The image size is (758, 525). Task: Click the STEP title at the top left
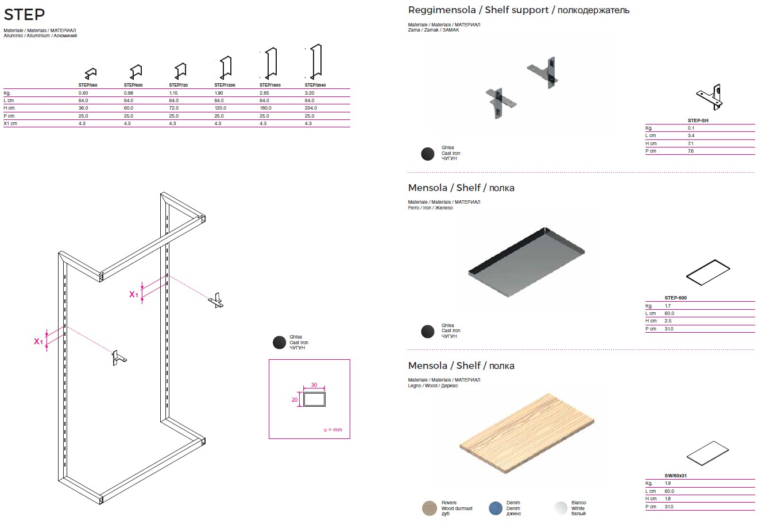[x=24, y=14]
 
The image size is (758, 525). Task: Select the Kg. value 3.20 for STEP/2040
[x=309, y=93]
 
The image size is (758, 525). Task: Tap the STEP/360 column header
[x=88, y=85]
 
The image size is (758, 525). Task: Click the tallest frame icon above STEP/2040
[x=315, y=61]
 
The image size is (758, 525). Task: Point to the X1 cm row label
[x=10, y=123]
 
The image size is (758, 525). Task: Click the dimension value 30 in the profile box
[x=314, y=384]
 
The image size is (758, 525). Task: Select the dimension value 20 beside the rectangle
[x=294, y=399]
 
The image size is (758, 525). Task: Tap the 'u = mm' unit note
[x=332, y=430]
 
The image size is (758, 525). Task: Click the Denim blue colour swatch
[x=496, y=508]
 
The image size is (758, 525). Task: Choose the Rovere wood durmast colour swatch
[x=429, y=508]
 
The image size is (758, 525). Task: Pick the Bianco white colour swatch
[x=561, y=508]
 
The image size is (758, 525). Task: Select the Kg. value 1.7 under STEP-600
[x=668, y=306]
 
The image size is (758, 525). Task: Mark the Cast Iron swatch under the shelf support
[x=428, y=154]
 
